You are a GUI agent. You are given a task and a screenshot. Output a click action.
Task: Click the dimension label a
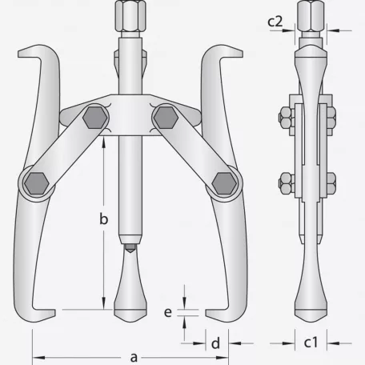(x=134, y=357)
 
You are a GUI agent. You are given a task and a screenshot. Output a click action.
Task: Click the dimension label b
(x=103, y=219)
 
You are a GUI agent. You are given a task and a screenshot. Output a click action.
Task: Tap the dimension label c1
(x=311, y=342)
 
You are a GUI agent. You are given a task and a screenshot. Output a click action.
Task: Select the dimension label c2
(x=275, y=21)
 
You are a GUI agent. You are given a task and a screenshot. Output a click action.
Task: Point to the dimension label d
(x=215, y=343)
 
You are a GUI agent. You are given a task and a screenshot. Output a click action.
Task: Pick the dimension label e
(x=168, y=312)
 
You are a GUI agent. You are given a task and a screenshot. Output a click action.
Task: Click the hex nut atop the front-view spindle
(x=130, y=15)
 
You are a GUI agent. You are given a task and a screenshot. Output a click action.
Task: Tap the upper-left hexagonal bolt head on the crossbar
(x=94, y=118)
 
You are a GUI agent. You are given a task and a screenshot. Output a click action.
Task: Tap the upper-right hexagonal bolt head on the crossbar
(x=166, y=118)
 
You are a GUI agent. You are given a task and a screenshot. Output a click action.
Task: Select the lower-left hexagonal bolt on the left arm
(x=37, y=183)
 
